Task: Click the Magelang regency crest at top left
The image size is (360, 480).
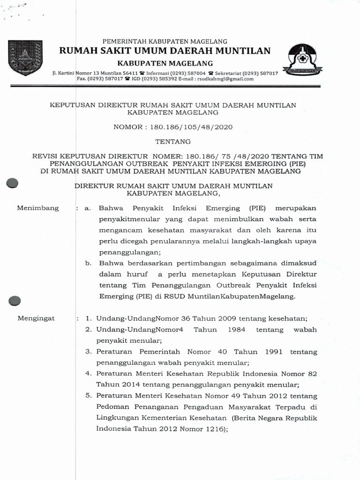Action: (25, 58)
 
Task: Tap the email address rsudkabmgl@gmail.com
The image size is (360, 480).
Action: (225, 79)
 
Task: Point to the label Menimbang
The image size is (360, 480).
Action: (38, 208)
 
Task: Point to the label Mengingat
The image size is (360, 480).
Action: (36, 318)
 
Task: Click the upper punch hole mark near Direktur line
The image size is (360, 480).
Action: (12, 184)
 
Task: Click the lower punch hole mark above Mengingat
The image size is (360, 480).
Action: (15, 300)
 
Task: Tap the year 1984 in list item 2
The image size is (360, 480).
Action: (237, 330)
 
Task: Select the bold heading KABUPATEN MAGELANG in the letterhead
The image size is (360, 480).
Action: (165, 63)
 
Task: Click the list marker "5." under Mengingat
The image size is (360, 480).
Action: (88, 396)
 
